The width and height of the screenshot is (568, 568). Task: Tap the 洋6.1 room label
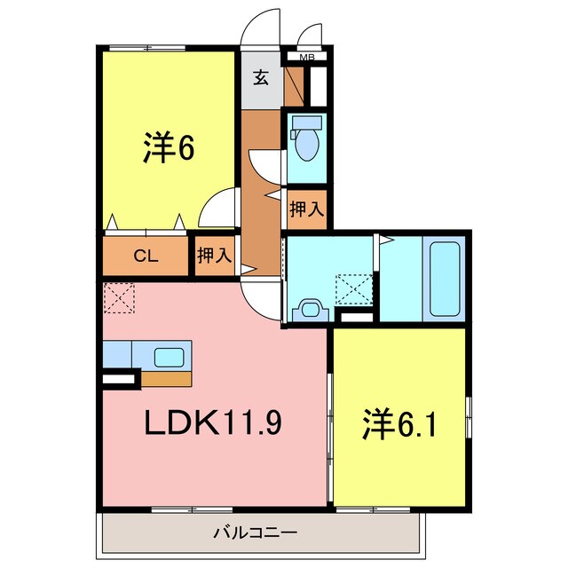pos(399,426)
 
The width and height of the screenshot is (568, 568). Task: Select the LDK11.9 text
pos(214,424)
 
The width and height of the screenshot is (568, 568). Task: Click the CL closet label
pos(146,256)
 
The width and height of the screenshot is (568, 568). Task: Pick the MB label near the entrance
pos(307,59)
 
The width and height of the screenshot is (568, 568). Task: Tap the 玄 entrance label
pos(261,78)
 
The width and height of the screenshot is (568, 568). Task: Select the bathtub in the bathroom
pos(442,278)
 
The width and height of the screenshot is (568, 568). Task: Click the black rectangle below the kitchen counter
pos(120,380)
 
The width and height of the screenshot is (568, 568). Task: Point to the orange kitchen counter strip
pos(167,379)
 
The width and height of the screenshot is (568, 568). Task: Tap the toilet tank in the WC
pos(307,122)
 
